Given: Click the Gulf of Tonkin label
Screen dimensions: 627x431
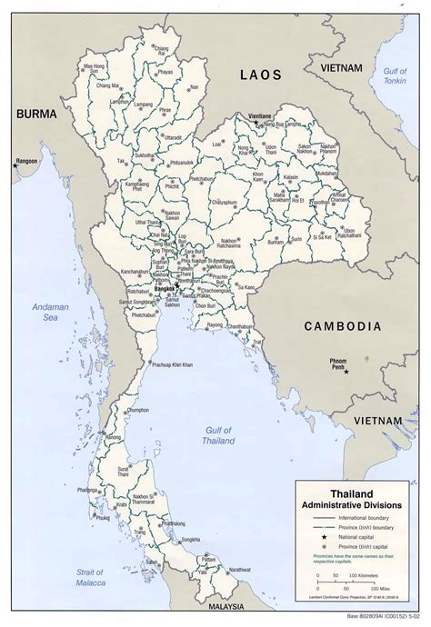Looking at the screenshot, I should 396,76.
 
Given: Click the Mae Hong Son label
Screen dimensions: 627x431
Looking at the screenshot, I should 96,66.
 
